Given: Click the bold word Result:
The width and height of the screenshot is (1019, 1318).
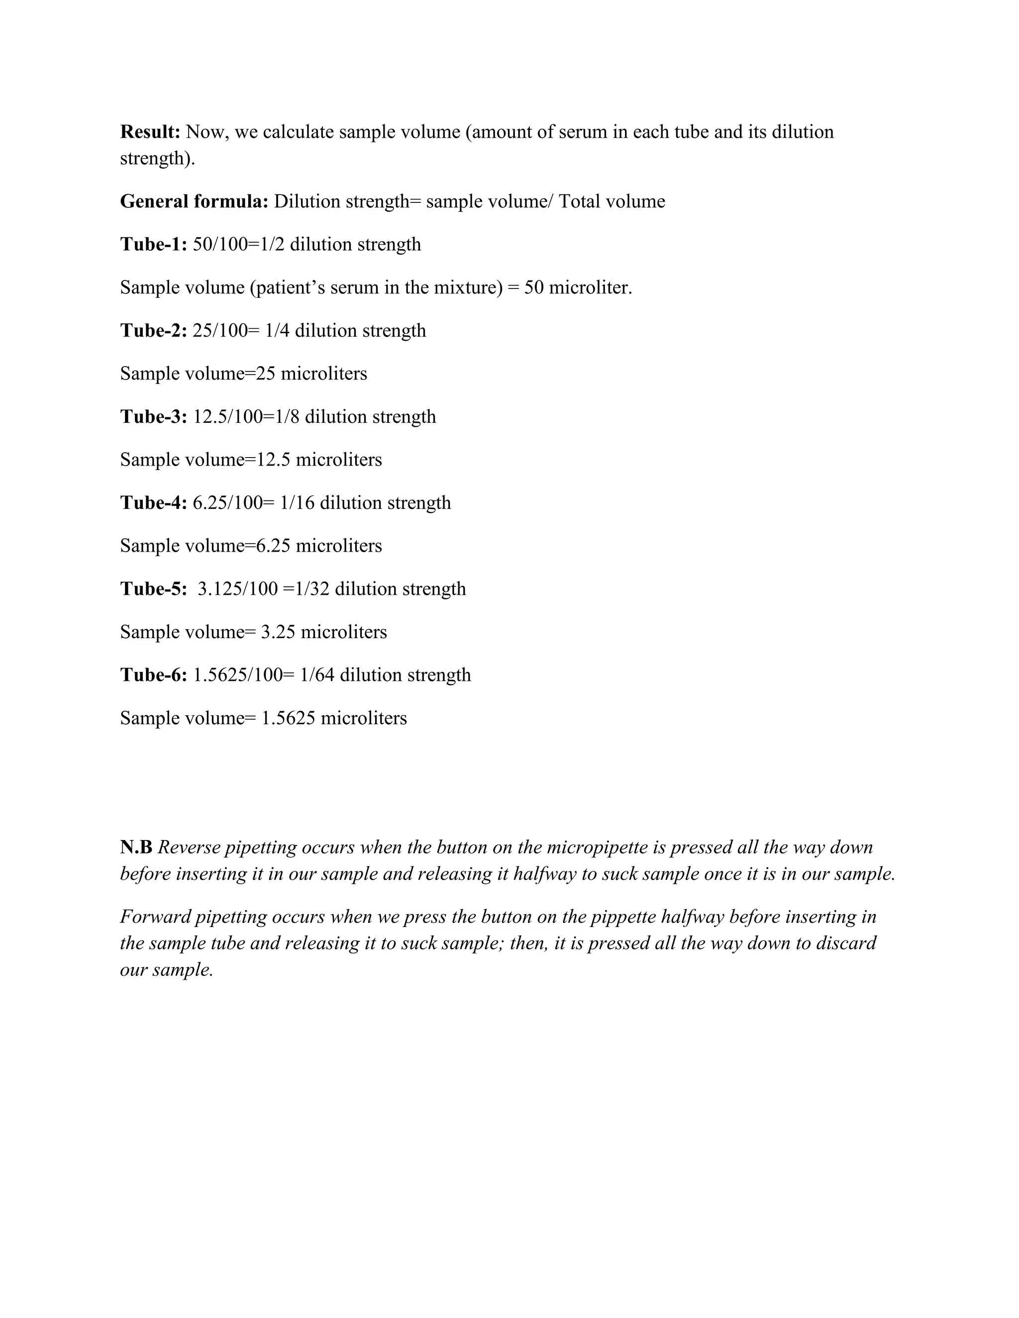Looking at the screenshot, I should click(x=150, y=132).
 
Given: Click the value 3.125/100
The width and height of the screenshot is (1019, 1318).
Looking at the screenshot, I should click(x=237, y=589).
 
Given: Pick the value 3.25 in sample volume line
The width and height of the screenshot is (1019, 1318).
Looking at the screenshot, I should click(x=278, y=632).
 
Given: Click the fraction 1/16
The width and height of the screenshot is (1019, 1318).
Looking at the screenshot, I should click(x=297, y=503).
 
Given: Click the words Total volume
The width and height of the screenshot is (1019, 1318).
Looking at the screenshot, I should click(x=611, y=201).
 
